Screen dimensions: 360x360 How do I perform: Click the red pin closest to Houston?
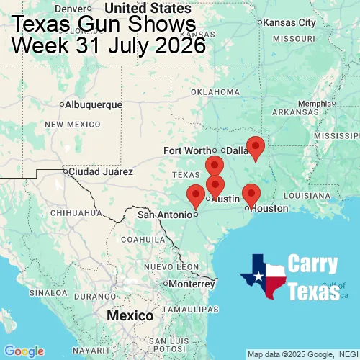pos(251,194)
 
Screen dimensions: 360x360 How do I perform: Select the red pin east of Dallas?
pos(255,147)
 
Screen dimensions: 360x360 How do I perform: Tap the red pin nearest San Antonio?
pos(195,195)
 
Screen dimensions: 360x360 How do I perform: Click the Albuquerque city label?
pos(93,104)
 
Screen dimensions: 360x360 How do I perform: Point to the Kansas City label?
pos(289,22)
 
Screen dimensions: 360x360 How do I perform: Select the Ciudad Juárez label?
pos(100,172)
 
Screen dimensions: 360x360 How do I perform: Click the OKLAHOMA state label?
pos(215,92)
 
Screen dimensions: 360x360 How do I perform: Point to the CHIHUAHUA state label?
pos(71,213)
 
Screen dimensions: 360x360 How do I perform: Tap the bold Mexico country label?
pos(130,316)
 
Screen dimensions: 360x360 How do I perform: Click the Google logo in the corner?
pos(23,351)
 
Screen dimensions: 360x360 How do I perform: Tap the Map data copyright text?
pos(302,354)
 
